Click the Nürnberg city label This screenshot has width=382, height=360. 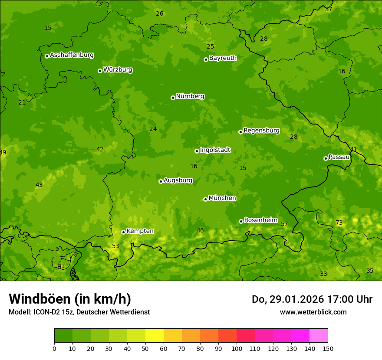tap(190, 96)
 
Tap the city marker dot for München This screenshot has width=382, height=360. tap(205, 199)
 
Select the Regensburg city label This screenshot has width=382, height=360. tap(261, 131)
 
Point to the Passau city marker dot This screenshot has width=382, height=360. tap(326, 158)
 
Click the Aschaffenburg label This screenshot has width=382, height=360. tap(72, 55)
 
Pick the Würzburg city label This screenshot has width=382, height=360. tap(118, 70)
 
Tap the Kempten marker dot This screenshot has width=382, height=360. tap(123, 232)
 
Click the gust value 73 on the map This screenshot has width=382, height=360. tap(339, 223)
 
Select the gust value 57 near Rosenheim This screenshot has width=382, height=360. tap(284, 224)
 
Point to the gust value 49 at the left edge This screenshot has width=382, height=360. tap(3, 152)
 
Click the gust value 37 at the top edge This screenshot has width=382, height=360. tap(329, 9)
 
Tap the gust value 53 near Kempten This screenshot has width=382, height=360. tap(115, 246)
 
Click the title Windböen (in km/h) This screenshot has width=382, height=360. tap(70, 299)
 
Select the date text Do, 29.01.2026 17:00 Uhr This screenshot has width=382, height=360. tap(312, 299)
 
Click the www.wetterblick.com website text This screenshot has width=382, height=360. tap(313, 312)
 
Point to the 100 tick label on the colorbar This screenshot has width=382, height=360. tap(237, 348)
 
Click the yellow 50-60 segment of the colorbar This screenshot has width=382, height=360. tap(155, 336)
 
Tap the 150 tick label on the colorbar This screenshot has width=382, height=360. tap(328, 348)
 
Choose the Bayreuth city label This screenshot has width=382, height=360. tap(223, 58)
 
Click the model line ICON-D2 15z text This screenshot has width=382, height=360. tap(79, 312)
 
